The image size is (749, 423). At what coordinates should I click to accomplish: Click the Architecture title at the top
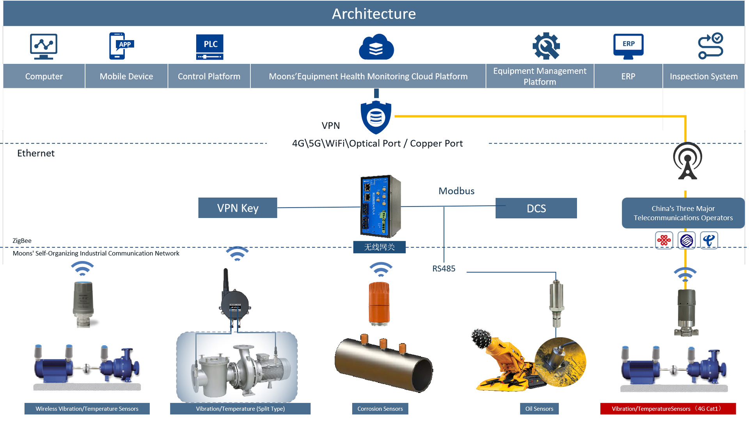374,14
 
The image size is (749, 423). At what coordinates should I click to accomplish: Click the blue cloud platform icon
376,47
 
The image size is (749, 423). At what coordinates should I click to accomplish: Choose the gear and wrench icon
546,46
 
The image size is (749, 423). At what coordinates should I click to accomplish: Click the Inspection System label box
703,76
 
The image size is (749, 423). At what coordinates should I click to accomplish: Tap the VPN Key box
238,208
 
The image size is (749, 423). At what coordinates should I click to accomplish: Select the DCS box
536,209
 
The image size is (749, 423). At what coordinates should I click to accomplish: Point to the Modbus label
456,191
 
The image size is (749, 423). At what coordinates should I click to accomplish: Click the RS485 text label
444,269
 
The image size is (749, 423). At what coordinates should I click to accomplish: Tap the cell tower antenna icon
687,161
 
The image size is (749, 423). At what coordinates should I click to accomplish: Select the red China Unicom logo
664,241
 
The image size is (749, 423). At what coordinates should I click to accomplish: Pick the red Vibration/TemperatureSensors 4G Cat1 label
668,409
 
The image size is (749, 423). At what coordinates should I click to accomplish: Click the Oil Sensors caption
539,409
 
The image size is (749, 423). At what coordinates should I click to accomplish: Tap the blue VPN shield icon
376,117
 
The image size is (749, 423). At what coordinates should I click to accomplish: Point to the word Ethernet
36,153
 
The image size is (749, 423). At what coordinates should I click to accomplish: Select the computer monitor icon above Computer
44,46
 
